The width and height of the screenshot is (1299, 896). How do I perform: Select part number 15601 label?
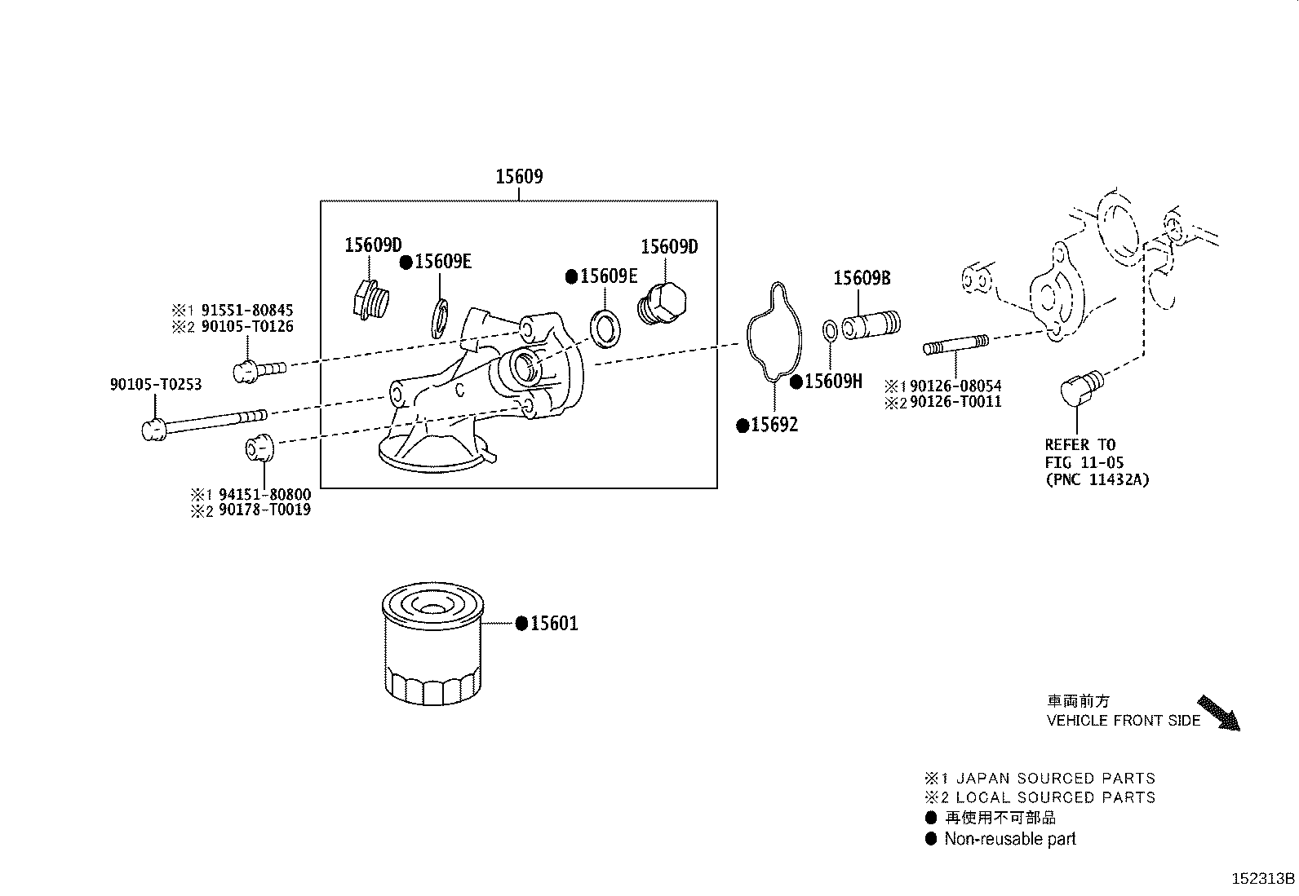553,624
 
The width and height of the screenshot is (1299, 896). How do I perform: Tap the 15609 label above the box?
519,176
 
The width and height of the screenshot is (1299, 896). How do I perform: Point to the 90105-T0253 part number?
155,384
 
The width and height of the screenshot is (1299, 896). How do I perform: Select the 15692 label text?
774,425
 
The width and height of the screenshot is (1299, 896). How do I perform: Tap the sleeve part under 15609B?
871,324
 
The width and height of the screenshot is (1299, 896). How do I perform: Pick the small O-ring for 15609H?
829,330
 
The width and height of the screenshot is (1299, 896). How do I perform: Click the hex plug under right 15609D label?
663,303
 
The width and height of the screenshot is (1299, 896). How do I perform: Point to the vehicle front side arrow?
1219,713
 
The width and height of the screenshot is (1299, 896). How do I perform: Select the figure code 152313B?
1263,880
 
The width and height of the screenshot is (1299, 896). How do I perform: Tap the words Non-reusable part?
1009,839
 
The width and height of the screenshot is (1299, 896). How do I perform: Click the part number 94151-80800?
264,495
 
